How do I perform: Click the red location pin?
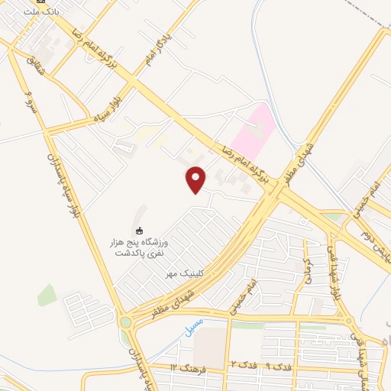point(196,179)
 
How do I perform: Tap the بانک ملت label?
point(41,11)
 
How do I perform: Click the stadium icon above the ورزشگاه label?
point(138,230)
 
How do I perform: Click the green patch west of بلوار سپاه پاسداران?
point(47,295)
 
